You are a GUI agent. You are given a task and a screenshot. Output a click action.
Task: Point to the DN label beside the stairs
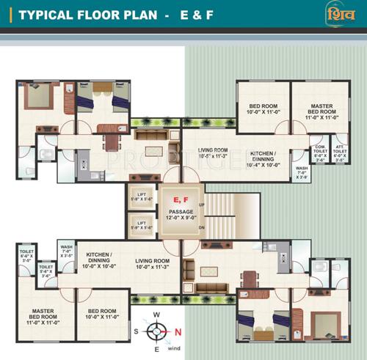(201, 228)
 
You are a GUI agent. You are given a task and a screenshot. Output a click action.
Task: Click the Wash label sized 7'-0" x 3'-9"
(302, 172)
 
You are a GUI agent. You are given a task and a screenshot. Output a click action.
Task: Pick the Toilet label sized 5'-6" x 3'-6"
(46, 272)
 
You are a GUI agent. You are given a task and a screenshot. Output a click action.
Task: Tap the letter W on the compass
(156, 315)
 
